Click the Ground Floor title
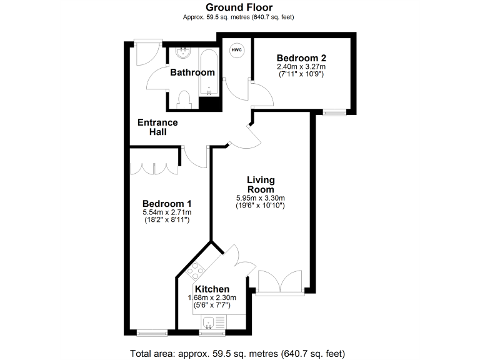coord(239,7)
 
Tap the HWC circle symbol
coord(237,50)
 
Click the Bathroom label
coord(192,72)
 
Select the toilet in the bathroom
coord(184,98)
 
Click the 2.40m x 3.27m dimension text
coord(301,66)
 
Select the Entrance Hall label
coord(157,127)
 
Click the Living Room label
coord(261,184)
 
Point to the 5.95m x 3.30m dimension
coord(261,198)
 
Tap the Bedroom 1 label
coord(166,204)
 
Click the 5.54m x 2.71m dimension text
coord(166,212)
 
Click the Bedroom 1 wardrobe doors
coord(154,168)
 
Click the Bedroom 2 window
coord(335,112)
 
